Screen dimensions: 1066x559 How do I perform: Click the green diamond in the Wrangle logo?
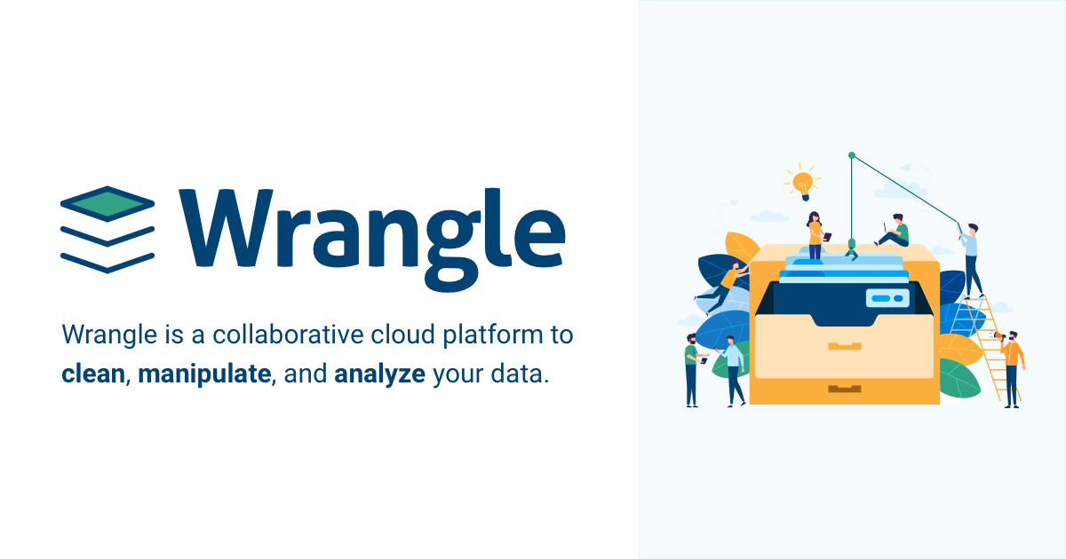[x=107, y=203]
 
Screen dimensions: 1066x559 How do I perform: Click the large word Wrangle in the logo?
[x=371, y=238]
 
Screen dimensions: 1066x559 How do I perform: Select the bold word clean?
[x=93, y=374]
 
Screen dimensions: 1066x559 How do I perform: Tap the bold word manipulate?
[x=204, y=374]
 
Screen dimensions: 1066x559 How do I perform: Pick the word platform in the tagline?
[x=493, y=335]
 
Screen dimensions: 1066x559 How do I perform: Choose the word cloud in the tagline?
[x=402, y=335]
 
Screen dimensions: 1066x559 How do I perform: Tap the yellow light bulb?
[x=803, y=185]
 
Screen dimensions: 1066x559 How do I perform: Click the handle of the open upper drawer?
[x=844, y=346]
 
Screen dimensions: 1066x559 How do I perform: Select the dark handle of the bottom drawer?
[x=844, y=389]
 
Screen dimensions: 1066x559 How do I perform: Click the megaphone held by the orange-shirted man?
[x=998, y=336]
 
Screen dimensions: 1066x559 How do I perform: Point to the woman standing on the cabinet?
[x=815, y=235]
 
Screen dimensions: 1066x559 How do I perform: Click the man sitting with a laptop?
[x=894, y=231]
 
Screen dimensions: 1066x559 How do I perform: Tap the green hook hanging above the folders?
[x=851, y=249]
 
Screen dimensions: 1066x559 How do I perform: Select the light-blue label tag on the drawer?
[x=887, y=298]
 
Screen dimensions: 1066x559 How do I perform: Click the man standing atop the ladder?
[x=971, y=260]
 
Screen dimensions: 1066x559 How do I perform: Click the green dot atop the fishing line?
[x=852, y=155]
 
